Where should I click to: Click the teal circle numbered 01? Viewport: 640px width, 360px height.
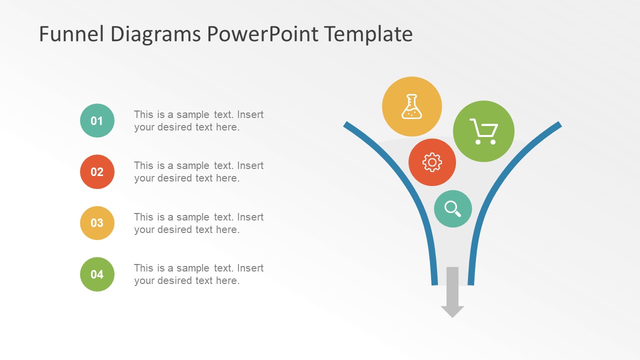point(97,120)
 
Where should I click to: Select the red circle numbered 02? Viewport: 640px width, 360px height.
point(97,172)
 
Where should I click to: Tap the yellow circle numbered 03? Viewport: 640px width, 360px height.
point(97,223)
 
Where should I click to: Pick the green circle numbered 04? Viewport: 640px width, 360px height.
point(97,274)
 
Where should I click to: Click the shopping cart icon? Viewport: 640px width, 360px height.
point(483,131)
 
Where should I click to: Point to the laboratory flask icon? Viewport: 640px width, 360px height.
point(411,106)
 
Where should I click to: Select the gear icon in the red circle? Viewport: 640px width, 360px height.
point(432,162)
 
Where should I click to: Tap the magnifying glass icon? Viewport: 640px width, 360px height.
point(452,208)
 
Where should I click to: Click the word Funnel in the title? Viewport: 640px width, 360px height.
point(72,34)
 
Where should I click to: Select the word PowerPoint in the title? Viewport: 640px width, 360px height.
point(262,34)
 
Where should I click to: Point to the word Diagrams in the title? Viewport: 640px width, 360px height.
point(155,34)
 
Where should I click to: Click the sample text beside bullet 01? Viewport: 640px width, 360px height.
point(198,121)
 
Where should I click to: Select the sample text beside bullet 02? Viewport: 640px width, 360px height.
point(198,172)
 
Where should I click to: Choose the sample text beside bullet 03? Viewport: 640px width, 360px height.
point(198,223)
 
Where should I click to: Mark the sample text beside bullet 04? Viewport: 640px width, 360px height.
point(198,274)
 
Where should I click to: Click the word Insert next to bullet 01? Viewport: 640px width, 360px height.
point(250,114)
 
